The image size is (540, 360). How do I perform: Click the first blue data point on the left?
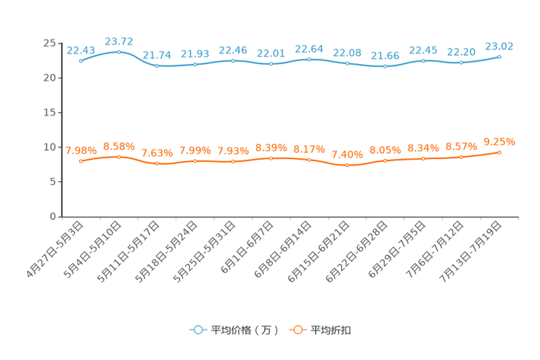pos(81,61)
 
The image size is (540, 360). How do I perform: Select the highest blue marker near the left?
pos(119,52)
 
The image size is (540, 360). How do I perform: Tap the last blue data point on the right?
pos(499,56)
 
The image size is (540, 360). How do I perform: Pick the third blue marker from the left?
pos(157,66)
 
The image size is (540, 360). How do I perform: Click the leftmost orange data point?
pos(81,160)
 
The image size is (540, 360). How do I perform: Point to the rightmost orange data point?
pos(499,152)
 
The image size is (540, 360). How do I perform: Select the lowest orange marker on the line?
pos(347,165)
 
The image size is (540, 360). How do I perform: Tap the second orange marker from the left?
pos(119,156)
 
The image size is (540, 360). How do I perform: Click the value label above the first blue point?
pos(80,49)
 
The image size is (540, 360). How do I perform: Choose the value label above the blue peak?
pos(118,40)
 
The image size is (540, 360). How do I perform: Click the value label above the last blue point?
pos(499,45)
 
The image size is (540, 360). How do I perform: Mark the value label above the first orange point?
pos(81,150)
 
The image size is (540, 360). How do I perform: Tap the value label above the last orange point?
pos(499,141)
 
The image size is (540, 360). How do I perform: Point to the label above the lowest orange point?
pos(347,155)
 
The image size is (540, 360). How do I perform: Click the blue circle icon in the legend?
pos(197,330)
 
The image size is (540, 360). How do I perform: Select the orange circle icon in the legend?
pos(298,330)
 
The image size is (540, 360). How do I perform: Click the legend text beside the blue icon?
pos(244,330)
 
